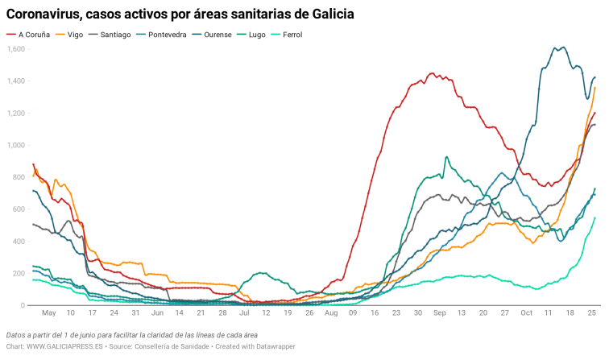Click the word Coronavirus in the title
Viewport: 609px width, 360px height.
click(x=47, y=14)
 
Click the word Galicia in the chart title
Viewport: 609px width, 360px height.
click(x=329, y=14)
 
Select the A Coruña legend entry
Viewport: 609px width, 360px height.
click(x=33, y=35)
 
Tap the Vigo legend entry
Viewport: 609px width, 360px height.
click(x=75, y=35)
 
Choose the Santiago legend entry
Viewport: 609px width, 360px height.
click(x=118, y=35)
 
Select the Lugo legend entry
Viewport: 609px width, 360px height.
click(x=268, y=35)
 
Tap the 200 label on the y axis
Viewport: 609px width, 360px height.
click(x=19, y=274)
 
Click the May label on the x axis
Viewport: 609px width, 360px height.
click(x=48, y=312)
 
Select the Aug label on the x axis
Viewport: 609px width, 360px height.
click(x=330, y=312)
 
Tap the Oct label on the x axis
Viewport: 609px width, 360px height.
click(x=526, y=312)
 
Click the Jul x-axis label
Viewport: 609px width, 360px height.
click(x=243, y=312)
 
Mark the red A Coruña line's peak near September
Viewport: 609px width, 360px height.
click(x=432, y=73)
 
